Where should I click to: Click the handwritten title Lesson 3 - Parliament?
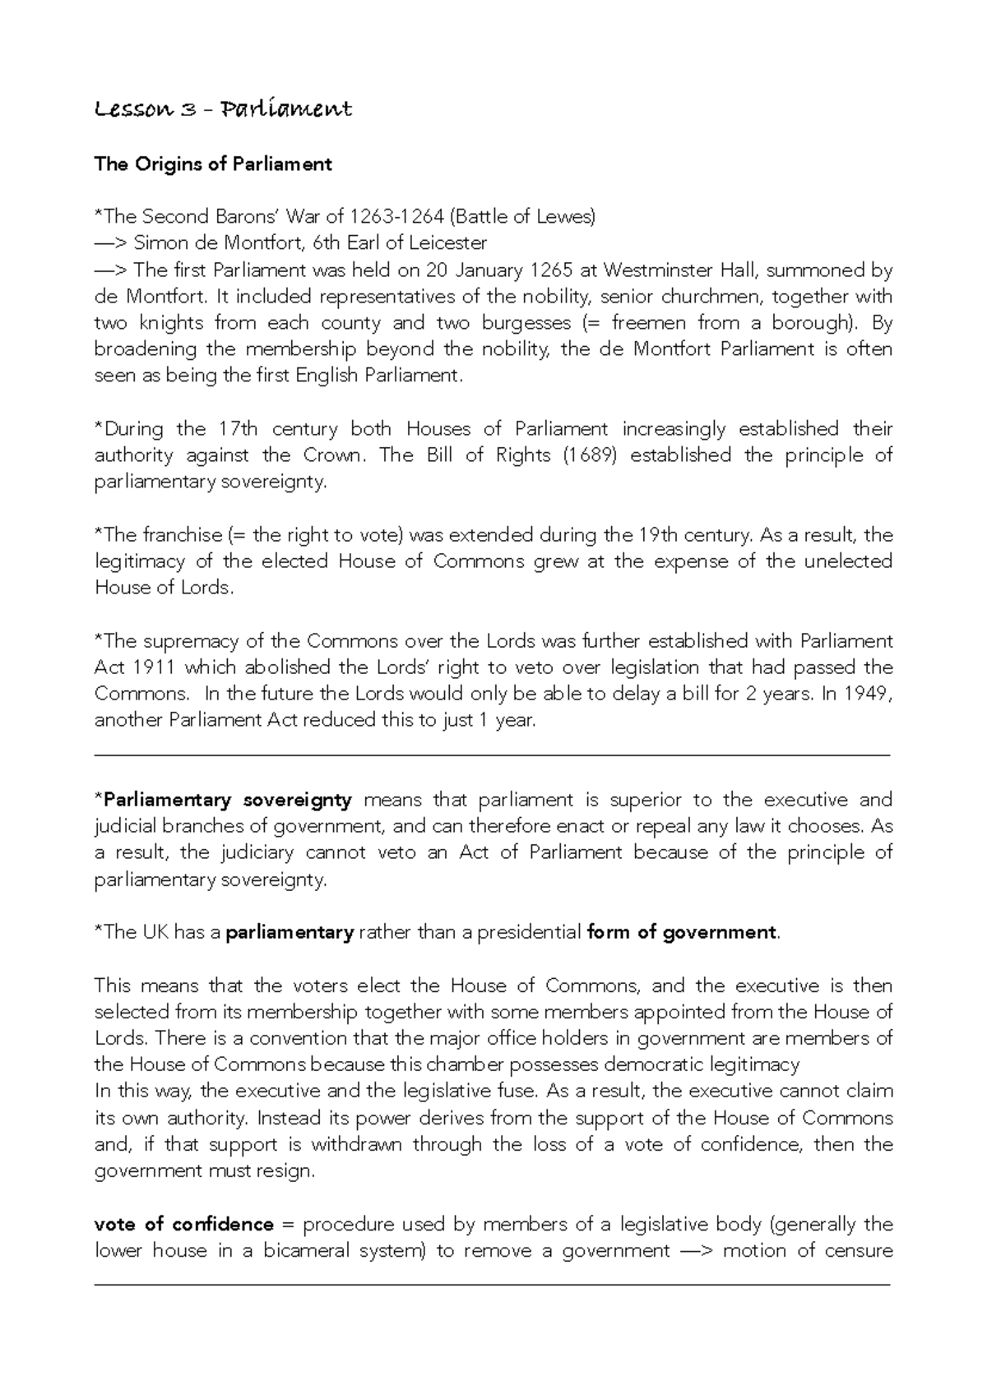point(223,109)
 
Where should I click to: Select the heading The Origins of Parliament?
point(213,164)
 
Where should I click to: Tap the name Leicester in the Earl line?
point(448,243)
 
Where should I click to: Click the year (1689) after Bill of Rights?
point(590,455)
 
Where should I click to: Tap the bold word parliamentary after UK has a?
point(290,932)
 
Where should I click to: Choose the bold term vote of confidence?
point(184,1225)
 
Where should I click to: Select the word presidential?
point(529,932)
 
